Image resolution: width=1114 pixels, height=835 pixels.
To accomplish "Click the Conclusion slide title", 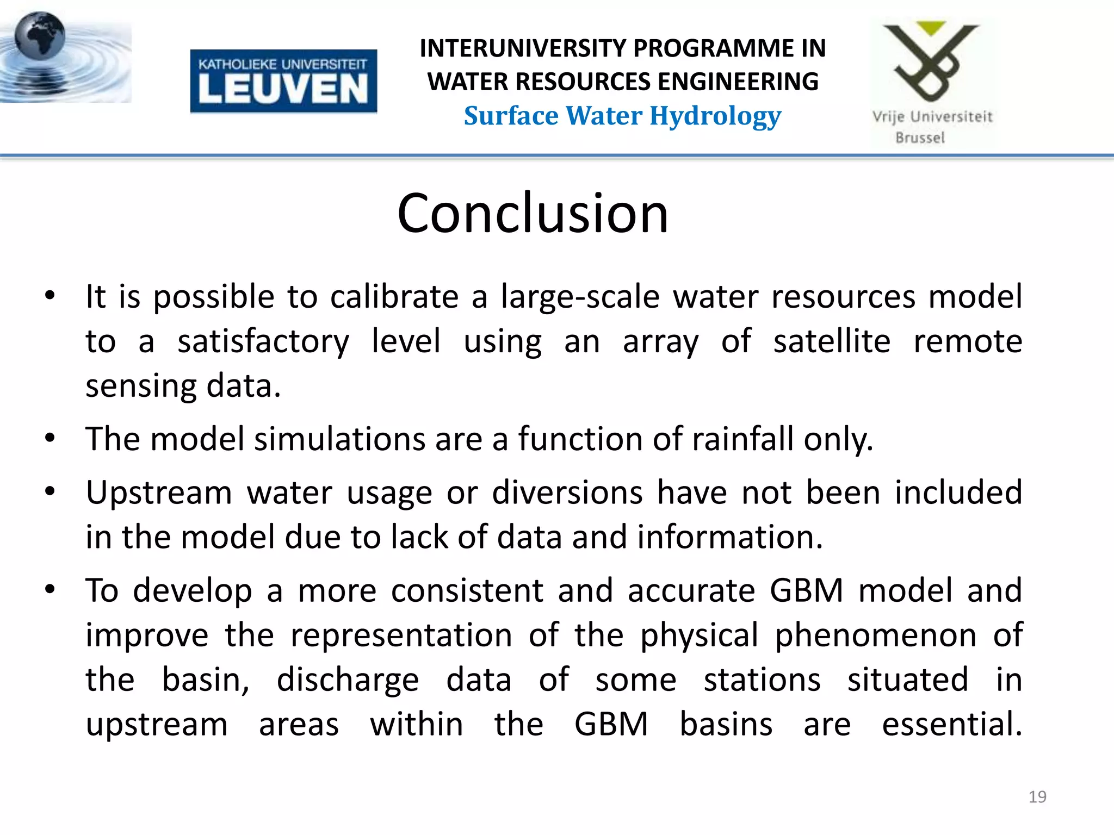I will tap(533, 213).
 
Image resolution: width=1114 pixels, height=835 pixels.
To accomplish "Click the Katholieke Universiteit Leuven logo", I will tap(283, 81).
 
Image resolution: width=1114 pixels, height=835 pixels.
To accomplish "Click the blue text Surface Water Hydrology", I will tap(622, 116).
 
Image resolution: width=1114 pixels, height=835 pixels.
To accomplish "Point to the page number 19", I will tap(1037, 797).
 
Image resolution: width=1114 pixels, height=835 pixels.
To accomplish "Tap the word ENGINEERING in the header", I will tap(738, 82).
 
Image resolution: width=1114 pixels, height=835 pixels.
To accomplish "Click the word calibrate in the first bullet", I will tap(394, 297).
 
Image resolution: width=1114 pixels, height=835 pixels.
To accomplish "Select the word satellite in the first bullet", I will tap(832, 341).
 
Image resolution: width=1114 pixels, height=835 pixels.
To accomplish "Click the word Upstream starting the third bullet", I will tap(159, 493).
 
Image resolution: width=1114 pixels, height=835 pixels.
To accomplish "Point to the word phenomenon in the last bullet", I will tap(875, 635).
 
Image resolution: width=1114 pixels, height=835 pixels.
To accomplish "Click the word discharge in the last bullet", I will tap(348, 680).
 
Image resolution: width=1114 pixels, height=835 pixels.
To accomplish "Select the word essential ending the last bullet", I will tap(952, 724).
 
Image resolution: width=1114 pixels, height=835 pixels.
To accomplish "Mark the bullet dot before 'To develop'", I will tap(50, 589).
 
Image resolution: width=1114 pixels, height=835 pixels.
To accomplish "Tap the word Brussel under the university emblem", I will tap(920, 138).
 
